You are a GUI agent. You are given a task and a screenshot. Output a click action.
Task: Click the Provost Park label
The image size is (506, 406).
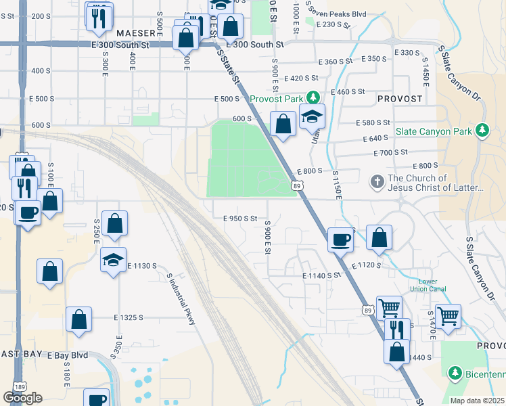point(276,99)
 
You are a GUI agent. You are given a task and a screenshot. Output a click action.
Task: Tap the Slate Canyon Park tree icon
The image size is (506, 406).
point(482,130)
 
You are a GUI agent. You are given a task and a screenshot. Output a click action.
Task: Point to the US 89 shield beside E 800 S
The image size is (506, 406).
point(297,185)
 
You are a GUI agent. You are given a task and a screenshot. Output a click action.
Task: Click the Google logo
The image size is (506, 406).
point(22,398)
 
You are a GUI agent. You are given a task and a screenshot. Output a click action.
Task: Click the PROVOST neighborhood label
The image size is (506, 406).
point(399,99)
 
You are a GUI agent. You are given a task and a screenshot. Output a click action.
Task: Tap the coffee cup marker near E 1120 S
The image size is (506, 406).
point(340,240)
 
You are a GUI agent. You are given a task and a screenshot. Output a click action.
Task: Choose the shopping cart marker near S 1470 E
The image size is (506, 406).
point(448,316)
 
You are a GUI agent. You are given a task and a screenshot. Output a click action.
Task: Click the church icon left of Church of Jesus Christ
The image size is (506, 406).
point(377,182)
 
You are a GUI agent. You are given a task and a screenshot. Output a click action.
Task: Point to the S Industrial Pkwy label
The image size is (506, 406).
point(181,298)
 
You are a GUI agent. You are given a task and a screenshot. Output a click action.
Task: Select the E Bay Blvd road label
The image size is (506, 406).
point(67,355)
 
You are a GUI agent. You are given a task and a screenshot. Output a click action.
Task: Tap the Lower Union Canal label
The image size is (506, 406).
point(428,286)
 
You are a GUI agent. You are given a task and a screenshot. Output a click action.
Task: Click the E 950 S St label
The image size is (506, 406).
point(240,219)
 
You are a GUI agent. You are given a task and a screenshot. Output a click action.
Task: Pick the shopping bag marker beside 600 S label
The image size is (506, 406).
point(282,125)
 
